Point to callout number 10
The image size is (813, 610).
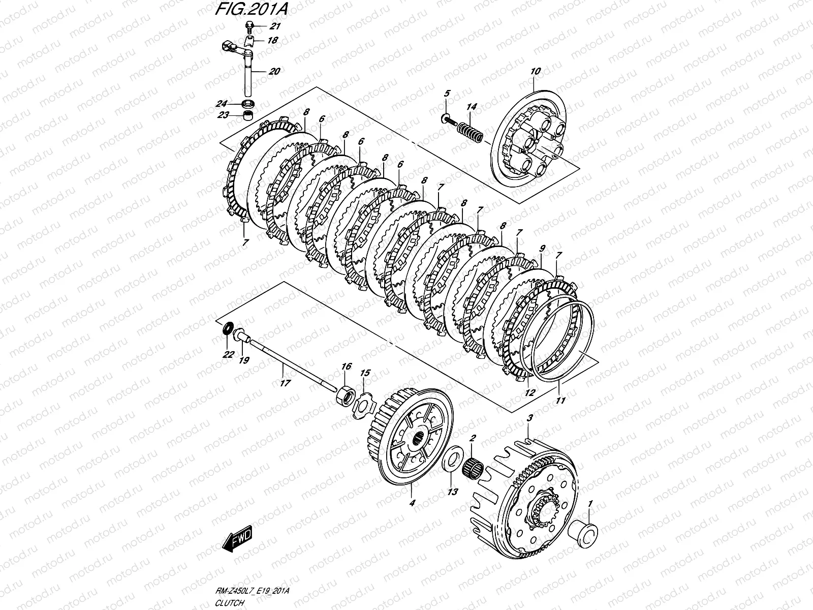pyautogui.click(x=536, y=71)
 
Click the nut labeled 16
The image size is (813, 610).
pyautogui.click(x=344, y=395)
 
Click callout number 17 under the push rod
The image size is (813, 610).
pyautogui.click(x=285, y=383)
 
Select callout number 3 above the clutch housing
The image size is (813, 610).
pyautogui.click(x=530, y=418)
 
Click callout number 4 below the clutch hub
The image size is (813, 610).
pyautogui.click(x=412, y=503)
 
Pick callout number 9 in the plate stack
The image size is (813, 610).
pyautogui.click(x=543, y=248)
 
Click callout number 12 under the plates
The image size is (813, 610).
pyautogui.click(x=530, y=392)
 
